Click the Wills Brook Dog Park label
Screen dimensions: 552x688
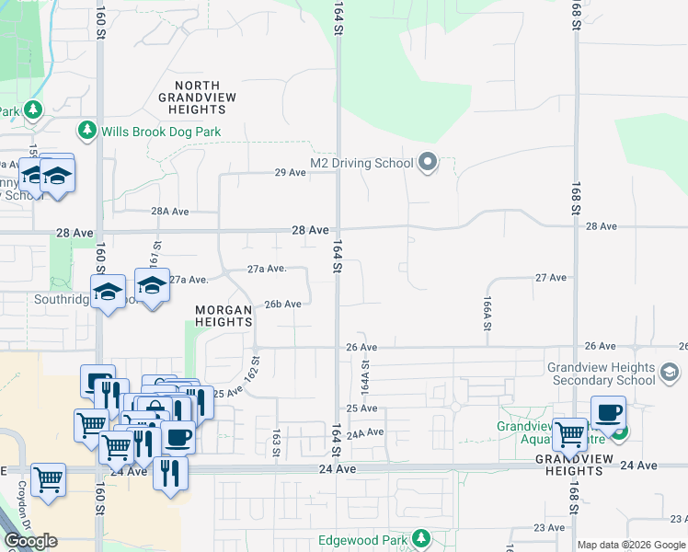tap(161, 132)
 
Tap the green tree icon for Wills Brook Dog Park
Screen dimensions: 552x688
tap(87, 131)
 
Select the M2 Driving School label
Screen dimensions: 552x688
tap(361, 164)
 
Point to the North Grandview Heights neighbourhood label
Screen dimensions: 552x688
tap(197, 97)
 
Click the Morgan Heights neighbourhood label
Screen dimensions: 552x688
tap(224, 316)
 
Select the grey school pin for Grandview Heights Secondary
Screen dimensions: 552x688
tap(669, 373)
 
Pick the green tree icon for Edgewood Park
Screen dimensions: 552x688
tap(421, 538)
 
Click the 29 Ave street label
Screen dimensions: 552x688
tap(290, 172)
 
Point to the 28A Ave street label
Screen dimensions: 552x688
tap(170, 212)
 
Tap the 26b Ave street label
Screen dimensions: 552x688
tap(283, 304)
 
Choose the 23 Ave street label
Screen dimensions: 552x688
tap(550, 527)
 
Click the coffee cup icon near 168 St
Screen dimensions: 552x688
tap(608, 413)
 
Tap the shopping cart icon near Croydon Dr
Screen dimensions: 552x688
tap(48, 479)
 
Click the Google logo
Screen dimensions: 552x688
tap(30, 541)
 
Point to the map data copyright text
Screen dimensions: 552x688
tap(631, 545)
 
